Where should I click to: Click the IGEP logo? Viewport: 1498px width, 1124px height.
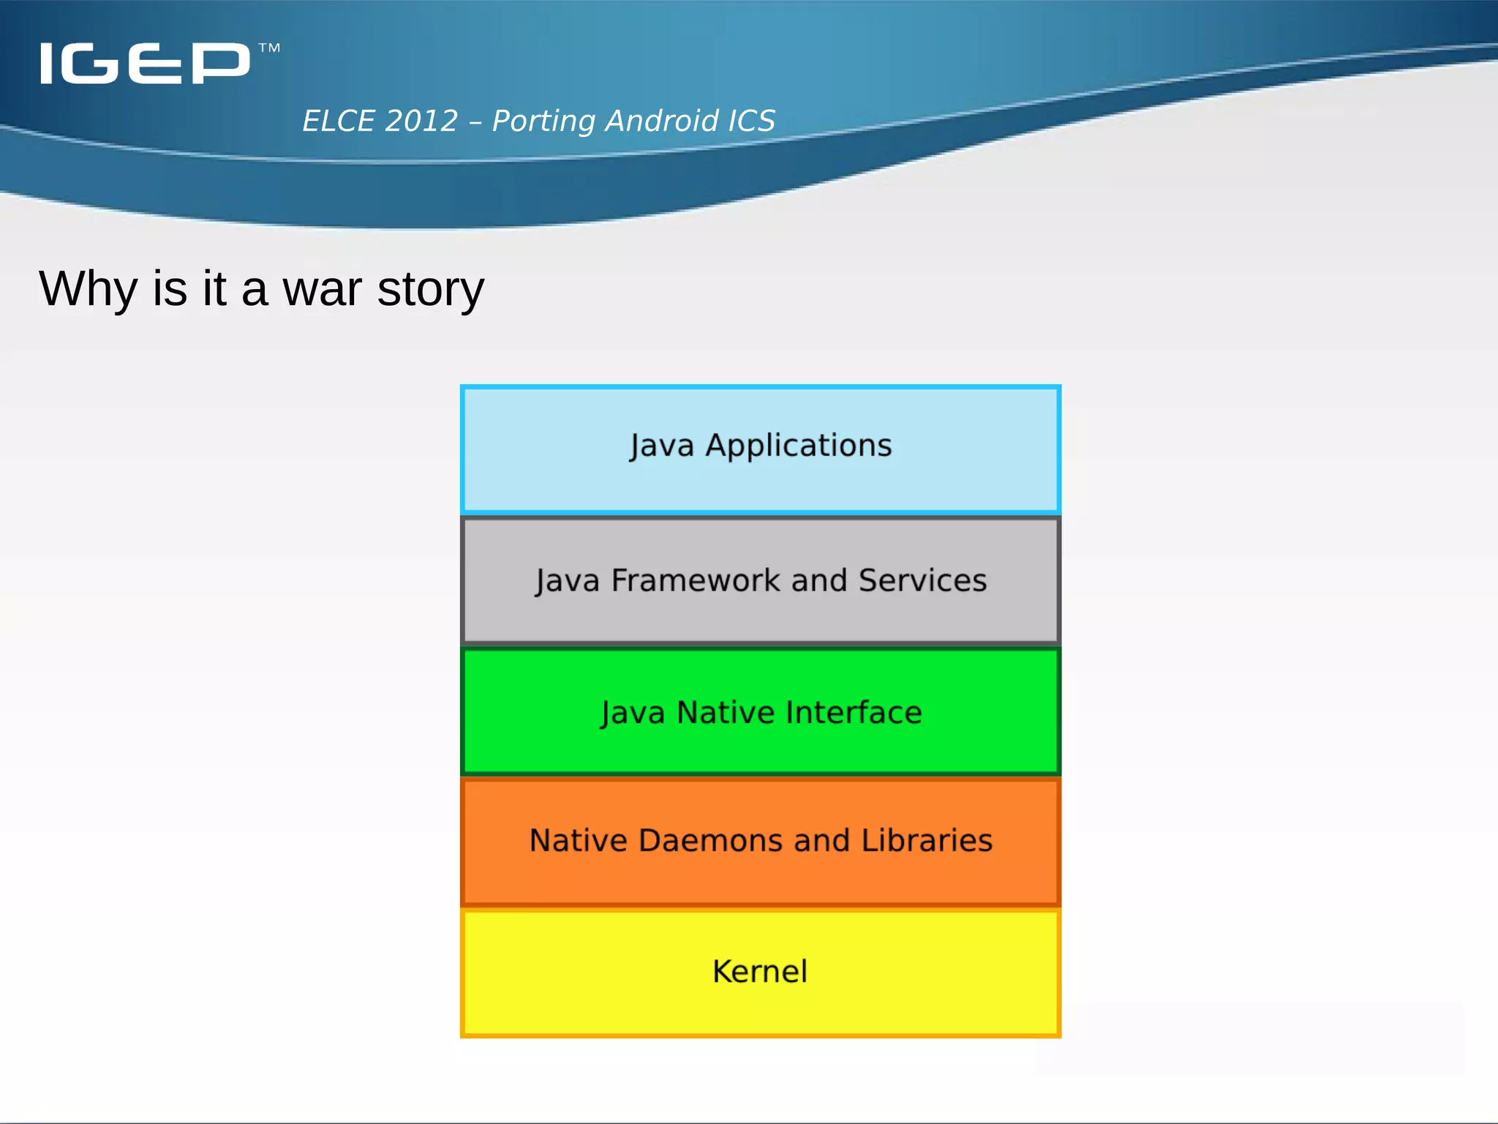(145, 63)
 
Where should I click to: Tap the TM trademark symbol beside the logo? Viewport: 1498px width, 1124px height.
(269, 48)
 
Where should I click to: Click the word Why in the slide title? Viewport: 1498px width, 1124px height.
(88, 289)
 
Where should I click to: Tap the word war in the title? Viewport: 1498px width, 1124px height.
(322, 289)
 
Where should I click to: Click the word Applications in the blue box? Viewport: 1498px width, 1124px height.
(798, 446)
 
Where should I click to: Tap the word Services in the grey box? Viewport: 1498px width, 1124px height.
(922, 580)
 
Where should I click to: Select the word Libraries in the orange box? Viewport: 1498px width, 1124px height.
(927, 840)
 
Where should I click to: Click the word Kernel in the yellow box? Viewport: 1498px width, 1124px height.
(760, 972)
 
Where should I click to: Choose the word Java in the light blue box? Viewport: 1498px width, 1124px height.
(661, 446)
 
